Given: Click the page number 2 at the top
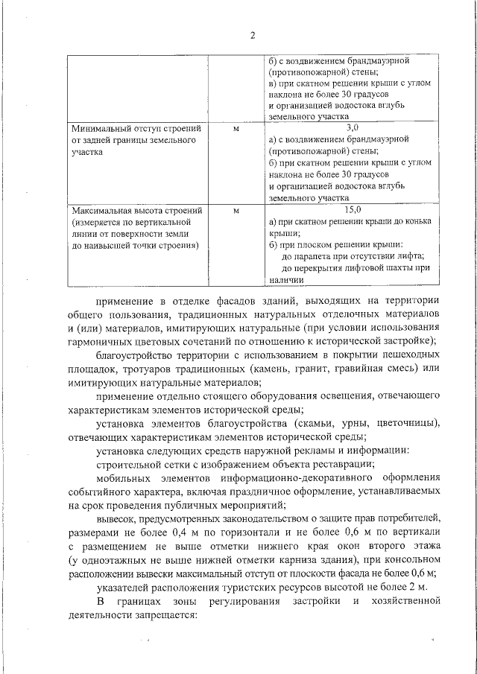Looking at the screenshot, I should click(253, 36).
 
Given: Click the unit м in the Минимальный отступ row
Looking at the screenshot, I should click(236, 129).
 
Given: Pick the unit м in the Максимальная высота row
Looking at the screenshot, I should click(236, 211).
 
